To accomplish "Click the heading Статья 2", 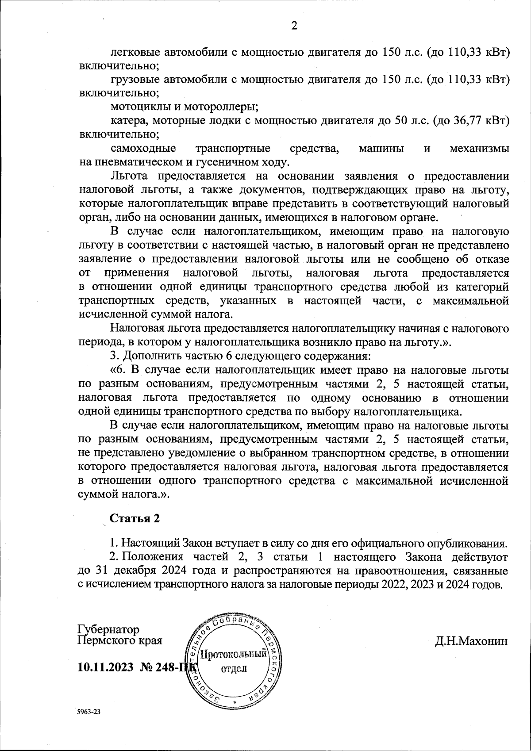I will (x=135, y=518).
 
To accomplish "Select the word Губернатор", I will (x=108, y=629).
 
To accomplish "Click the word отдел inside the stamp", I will (x=233, y=668).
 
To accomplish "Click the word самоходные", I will (x=142, y=148).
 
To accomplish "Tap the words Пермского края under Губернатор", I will (x=119, y=640).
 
